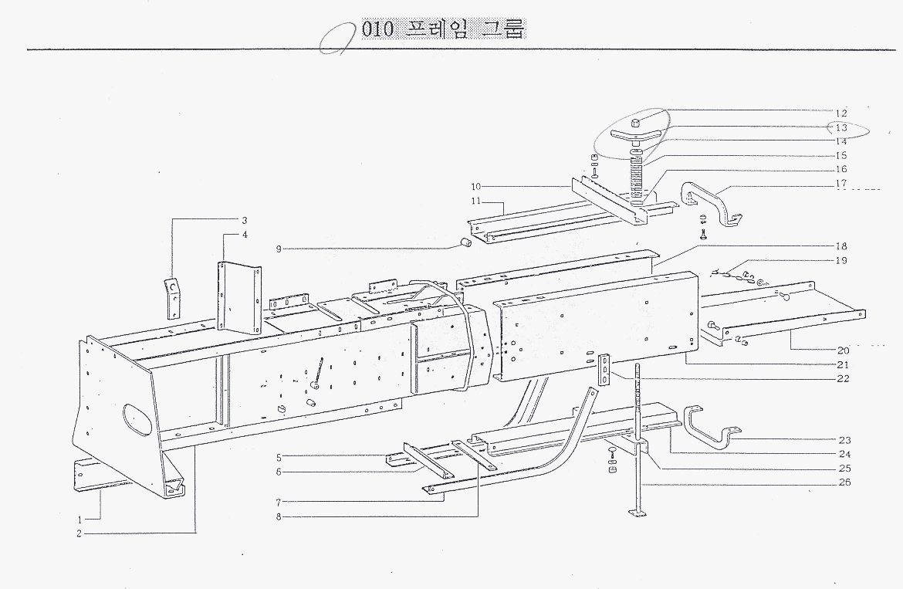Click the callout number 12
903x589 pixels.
point(840,113)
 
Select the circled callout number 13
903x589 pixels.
point(840,127)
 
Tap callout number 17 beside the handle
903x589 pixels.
point(840,183)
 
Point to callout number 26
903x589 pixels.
point(844,484)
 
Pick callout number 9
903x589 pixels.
point(281,249)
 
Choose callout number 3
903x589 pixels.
point(244,220)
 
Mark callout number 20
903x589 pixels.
point(843,350)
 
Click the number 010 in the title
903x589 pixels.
point(377,29)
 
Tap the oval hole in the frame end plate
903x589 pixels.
point(137,418)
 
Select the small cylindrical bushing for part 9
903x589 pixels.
point(465,244)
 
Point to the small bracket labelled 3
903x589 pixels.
point(174,297)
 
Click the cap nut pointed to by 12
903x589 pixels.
point(634,123)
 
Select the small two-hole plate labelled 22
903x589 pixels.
point(604,368)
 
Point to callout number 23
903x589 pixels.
point(844,440)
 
